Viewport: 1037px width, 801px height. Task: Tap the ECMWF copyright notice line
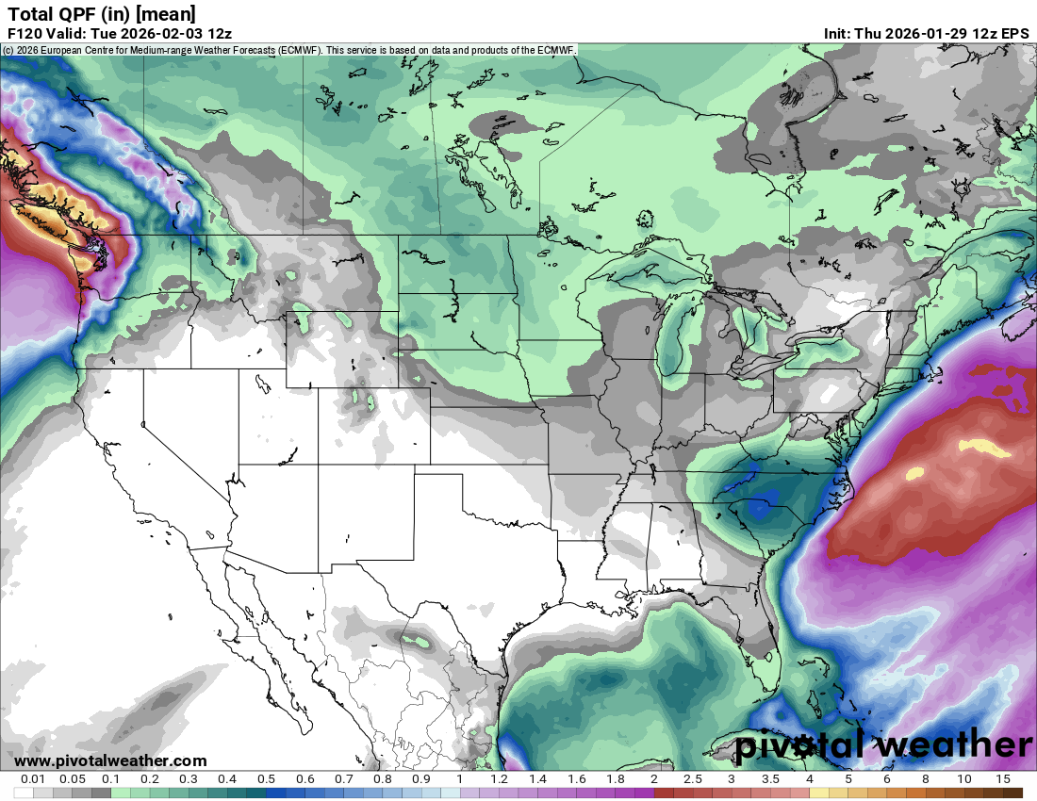point(288,49)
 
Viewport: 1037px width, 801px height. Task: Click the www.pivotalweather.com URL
point(110,760)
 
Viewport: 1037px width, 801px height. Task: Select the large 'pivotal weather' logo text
point(883,745)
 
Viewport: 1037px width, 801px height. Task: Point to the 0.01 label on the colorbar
point(33,779)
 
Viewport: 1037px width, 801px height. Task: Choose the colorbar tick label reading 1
point(460,779)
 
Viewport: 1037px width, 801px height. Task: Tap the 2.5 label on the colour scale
point(692,779)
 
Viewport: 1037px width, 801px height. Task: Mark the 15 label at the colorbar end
point(1002,779)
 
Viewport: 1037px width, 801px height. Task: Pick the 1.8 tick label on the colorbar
point(615,779)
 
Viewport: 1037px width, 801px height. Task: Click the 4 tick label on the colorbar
point(809,779)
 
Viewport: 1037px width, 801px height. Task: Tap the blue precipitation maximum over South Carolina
point(757,509)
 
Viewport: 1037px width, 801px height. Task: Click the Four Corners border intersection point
point(318,464)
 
